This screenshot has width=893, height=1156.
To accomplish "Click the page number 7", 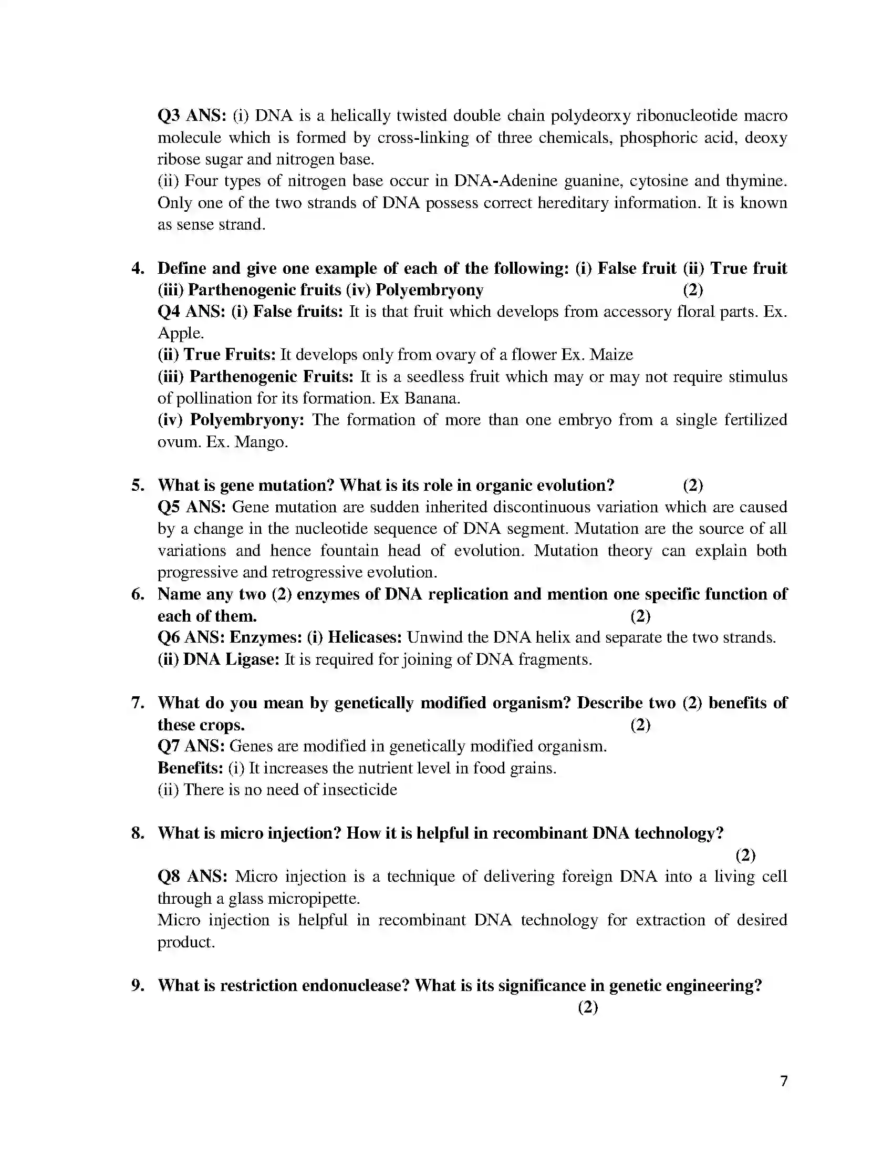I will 784,1080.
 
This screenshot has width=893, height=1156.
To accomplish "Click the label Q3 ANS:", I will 192,116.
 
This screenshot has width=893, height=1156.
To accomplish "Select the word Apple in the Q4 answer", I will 179,333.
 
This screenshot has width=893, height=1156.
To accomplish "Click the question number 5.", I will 138,485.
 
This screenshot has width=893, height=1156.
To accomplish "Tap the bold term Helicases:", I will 365,637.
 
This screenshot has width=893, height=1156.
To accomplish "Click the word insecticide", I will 359,789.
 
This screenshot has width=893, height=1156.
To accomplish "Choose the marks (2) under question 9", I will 587,1007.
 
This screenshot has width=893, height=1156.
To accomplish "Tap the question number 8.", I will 138,833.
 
